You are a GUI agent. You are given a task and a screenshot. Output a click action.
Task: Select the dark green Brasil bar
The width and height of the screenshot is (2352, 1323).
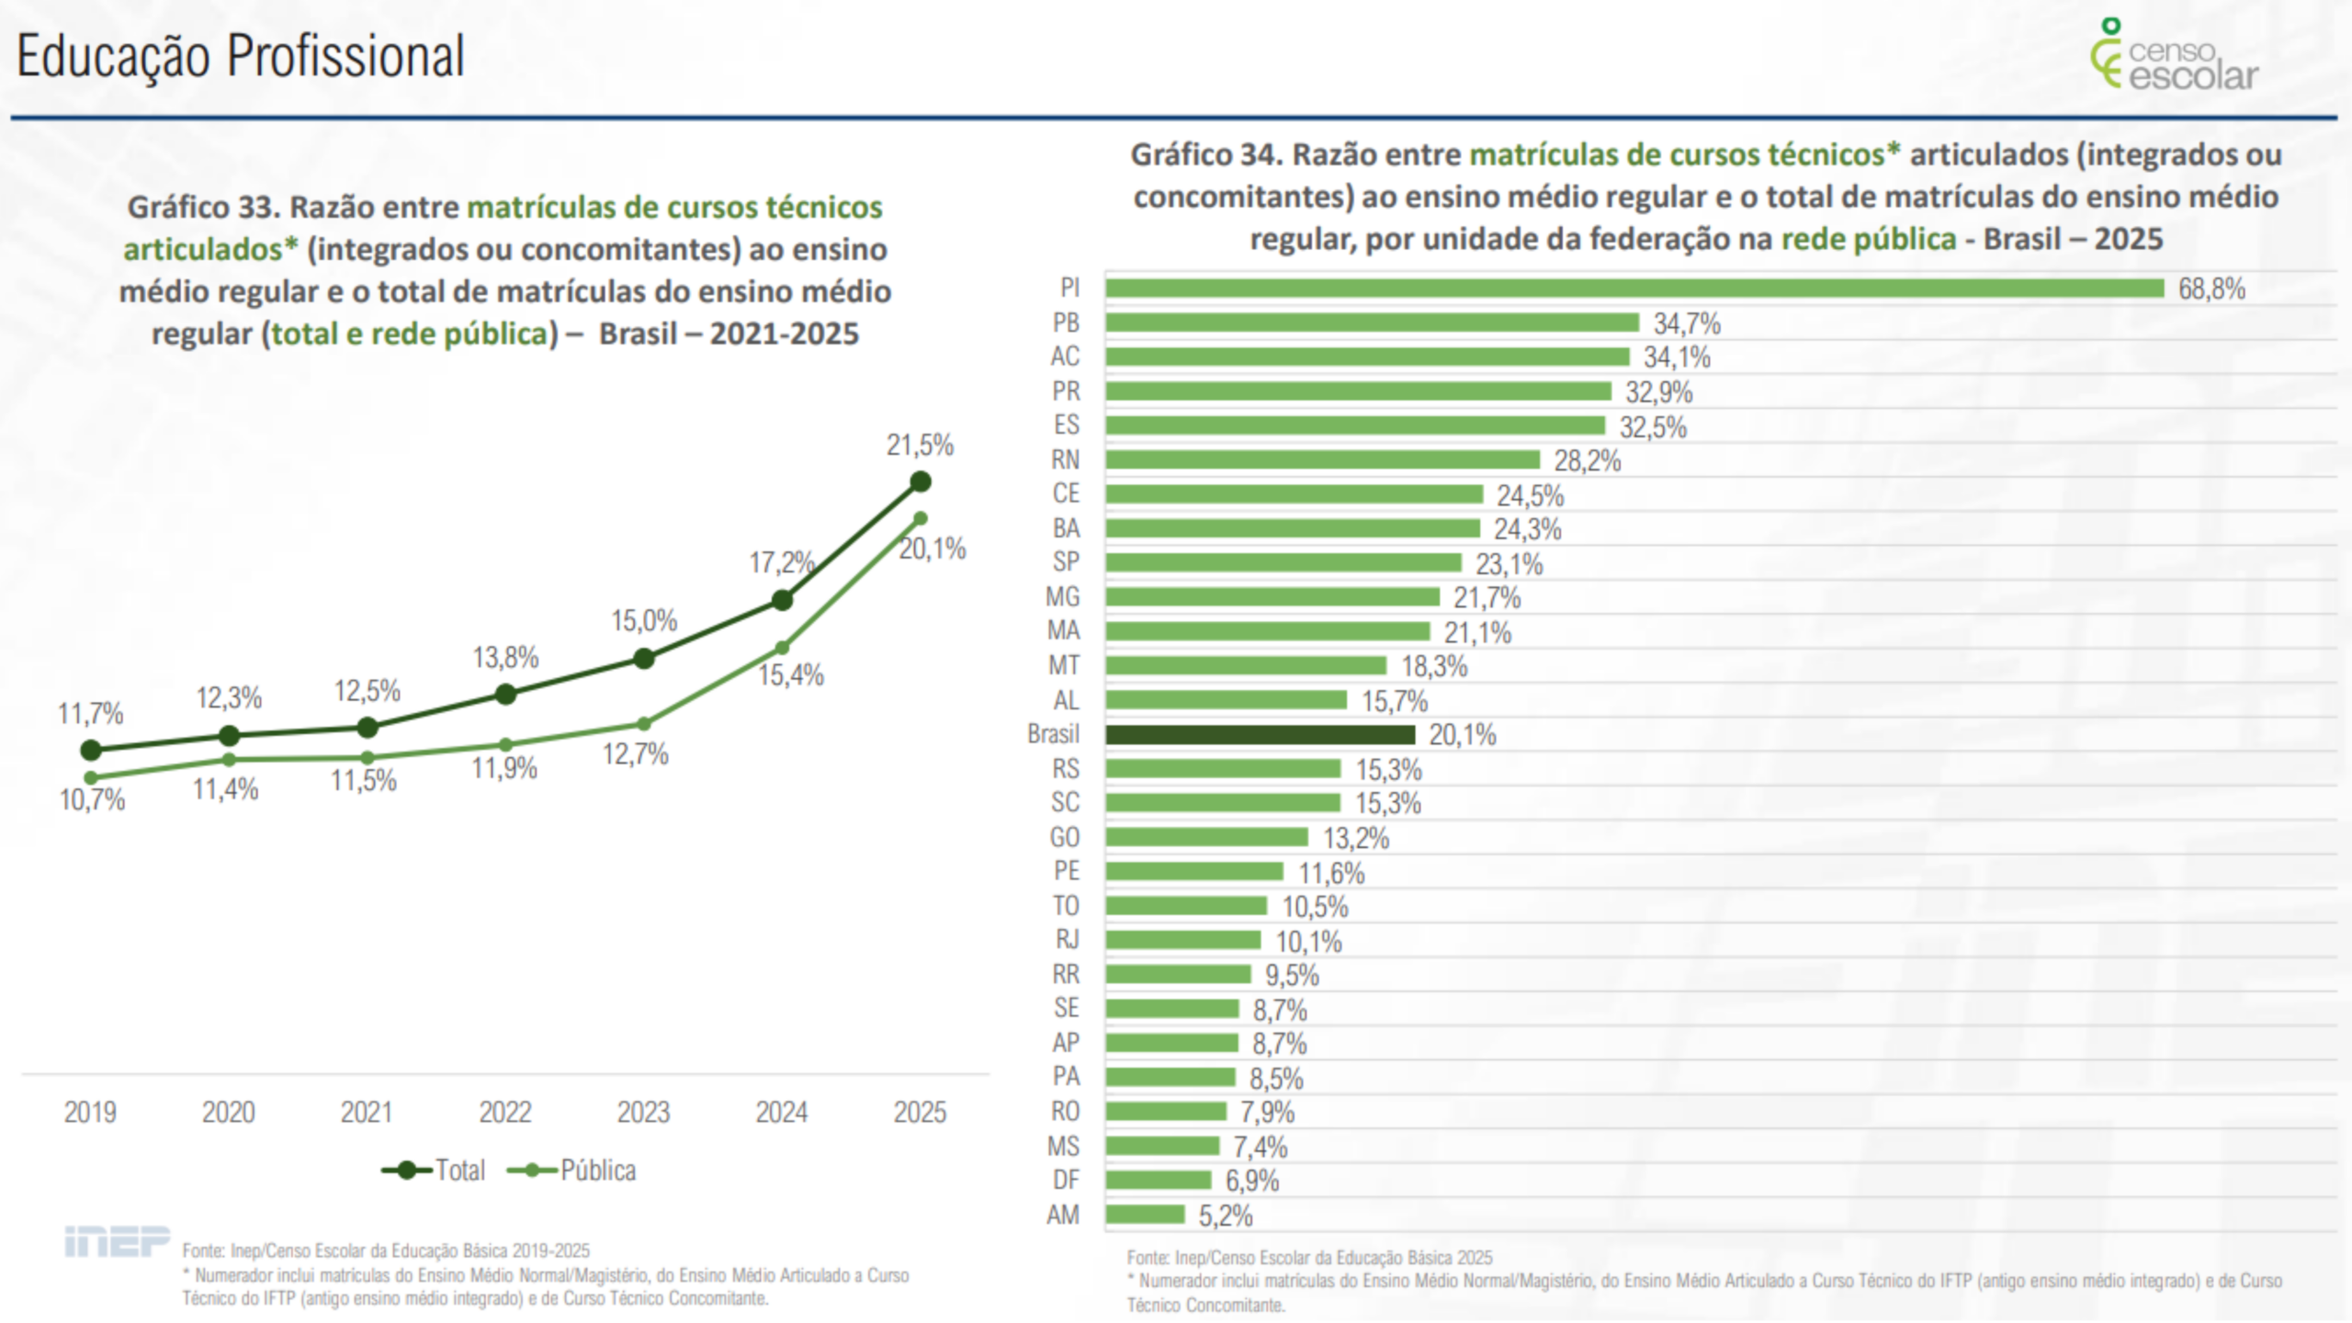pyautogui.click(x=1260, y=735)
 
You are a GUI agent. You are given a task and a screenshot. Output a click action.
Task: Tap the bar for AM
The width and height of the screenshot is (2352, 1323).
pyautogui.click(x=1145, y=1215)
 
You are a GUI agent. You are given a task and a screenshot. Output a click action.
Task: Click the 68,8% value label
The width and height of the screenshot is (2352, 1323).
pyautogui.click(x=2211, y=289)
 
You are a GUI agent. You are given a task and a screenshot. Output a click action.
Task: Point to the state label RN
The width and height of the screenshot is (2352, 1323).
pyautogui.click(x=1066, y=459)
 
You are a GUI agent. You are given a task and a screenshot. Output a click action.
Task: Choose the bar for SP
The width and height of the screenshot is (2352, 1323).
pyautogui.click(x=1283, y=562)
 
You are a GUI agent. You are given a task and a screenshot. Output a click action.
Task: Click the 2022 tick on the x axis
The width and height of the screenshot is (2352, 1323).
pyautogui.click(x=504, y=1113)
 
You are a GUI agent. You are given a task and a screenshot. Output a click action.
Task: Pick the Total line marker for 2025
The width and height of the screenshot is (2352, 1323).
pyautogui.click(x=920, y=481)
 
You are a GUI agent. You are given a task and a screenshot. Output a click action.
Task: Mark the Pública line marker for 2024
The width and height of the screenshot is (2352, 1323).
pyautogui.click(x=782, y=648)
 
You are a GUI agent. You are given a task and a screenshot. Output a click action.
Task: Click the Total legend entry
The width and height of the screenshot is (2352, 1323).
pyautogui.click(x=435, y=1170)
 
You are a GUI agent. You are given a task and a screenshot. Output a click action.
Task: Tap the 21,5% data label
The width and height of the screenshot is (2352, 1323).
pyautogui.click(x=920, y=446)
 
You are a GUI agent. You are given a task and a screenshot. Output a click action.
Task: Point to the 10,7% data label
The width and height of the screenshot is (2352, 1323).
pyautogui.click(x=92, y=800)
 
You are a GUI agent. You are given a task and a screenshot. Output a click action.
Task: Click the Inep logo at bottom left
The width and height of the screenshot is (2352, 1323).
pyautogui.click(x=117, y=1241)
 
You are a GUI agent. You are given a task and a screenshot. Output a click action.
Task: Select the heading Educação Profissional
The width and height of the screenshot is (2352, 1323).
pyautogui.click(x=241, y=56)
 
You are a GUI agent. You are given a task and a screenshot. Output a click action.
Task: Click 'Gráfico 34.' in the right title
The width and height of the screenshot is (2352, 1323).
pyautogui.click(x=1205, y=154)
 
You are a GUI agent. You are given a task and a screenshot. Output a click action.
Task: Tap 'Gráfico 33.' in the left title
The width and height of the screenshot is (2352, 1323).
pyautogui.click(x=203, y=208)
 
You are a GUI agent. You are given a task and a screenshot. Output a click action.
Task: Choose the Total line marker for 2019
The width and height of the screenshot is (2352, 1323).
pyautogui.click(x=91, y=751)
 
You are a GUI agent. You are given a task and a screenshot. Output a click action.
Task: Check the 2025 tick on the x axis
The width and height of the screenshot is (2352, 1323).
pyautogui.click(x=920, y=1113)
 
